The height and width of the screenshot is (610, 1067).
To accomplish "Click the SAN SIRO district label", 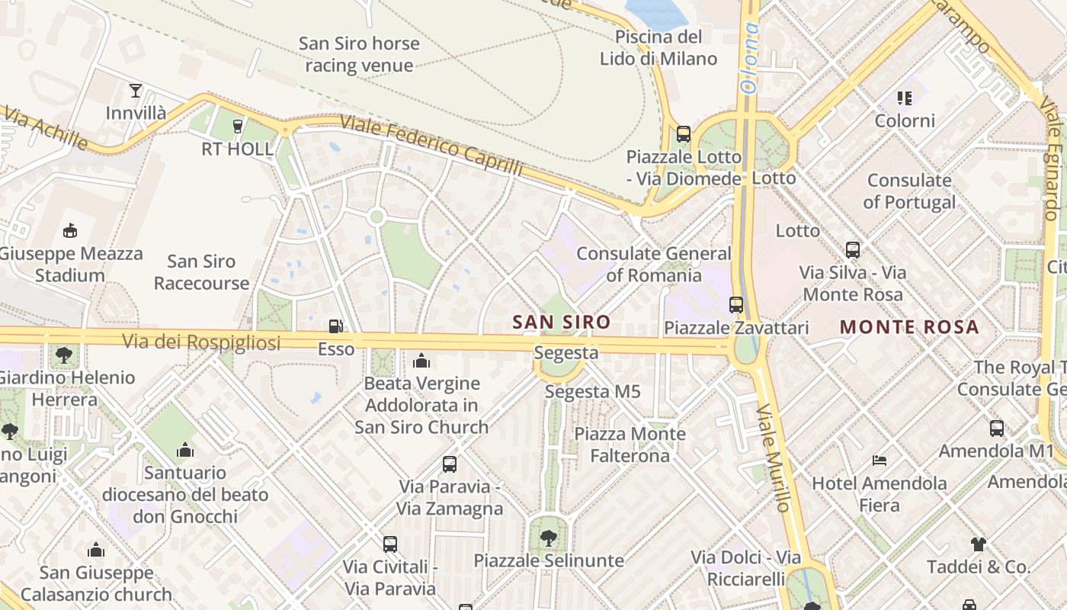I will pos(561,323).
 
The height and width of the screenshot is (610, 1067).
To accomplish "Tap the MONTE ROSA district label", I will pos(908,327).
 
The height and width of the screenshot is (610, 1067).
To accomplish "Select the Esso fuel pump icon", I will pos(335,327).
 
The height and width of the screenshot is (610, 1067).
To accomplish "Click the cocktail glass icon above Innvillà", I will pos(136,91).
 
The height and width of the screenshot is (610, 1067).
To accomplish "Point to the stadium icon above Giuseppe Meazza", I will pos(70,230).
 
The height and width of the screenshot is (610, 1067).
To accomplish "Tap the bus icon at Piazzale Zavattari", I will pos(736,305).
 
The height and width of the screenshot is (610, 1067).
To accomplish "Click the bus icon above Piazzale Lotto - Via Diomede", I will pos(684,134).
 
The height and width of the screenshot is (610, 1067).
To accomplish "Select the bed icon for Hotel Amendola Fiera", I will pos(880,461).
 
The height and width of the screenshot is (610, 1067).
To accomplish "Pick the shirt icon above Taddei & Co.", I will pos(979,544).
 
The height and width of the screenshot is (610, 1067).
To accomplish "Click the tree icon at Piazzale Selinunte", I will pos(548,538).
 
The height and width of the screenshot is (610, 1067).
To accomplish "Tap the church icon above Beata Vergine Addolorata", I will pos(421,361).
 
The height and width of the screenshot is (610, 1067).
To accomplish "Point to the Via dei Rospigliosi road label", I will pos(201,342).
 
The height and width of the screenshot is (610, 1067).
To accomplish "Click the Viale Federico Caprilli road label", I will pos(431,146).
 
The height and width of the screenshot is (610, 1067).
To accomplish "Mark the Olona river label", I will pos(750,57).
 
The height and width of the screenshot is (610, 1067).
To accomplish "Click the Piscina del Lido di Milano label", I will pos(658,47).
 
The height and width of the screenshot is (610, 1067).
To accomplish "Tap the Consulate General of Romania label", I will pos(653,264).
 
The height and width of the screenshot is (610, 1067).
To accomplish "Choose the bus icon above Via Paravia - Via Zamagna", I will pos(450,464).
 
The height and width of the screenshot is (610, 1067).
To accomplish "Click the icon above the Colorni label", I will pos(905,98).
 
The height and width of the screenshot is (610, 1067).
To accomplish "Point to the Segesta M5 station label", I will pos(592,392).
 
